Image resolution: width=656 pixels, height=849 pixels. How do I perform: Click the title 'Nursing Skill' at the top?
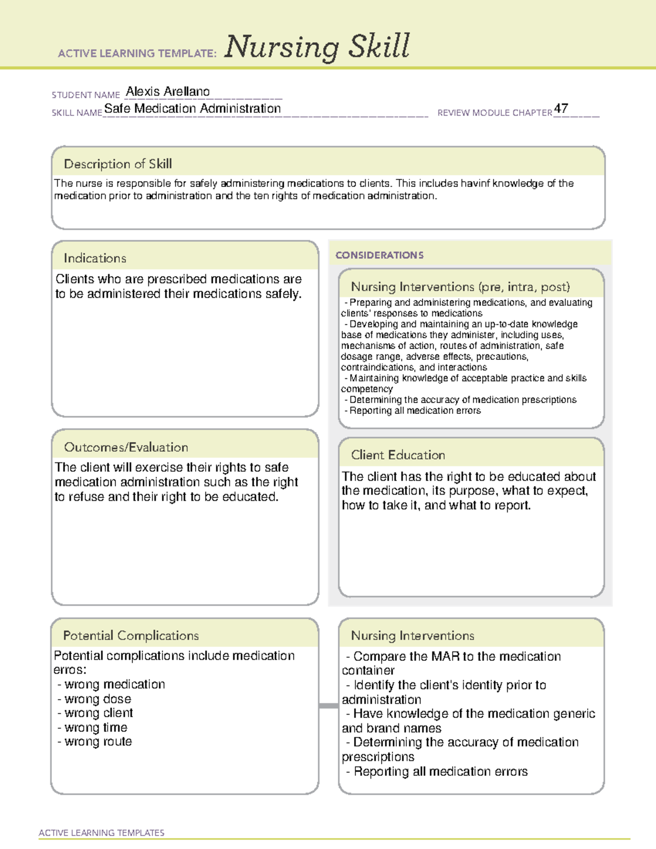click(x=317, y=47)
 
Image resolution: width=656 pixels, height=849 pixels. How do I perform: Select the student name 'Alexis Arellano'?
click(x=168, y=92)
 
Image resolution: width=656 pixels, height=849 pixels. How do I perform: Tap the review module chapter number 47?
click(x=561, y=108)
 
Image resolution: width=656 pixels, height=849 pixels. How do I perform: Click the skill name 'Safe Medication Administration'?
click(x=192, y=109)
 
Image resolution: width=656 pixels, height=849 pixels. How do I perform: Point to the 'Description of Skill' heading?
click(x=118, y=164)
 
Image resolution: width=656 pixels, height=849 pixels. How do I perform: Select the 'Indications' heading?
click(x=95, y=258)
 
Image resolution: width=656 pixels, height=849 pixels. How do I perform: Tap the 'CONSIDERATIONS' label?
click(x=379, y=255)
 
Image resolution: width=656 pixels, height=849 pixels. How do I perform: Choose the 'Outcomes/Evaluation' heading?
click(x=126, y=447)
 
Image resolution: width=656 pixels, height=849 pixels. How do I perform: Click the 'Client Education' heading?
click(x=398, y=455)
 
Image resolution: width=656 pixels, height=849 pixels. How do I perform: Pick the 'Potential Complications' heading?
click(x=131, y=636)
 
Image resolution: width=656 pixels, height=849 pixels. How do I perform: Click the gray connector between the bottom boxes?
click(x=329, y=706)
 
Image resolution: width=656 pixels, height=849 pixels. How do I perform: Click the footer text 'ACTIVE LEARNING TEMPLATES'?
click(x=102, y=833)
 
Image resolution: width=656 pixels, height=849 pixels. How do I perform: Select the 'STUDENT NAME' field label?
click(x=86, y=95)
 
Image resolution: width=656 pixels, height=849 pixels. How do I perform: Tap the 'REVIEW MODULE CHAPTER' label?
click(x=495, y=113)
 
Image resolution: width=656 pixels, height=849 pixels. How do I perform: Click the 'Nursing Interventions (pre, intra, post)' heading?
click(x=460, y=287)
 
